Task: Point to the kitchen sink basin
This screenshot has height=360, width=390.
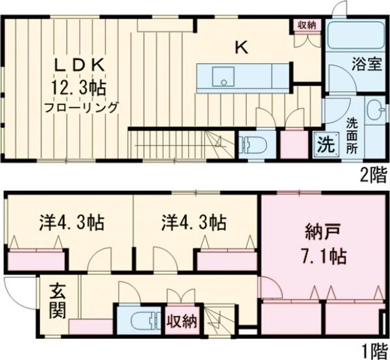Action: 220,76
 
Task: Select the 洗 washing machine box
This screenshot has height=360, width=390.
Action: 325,145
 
